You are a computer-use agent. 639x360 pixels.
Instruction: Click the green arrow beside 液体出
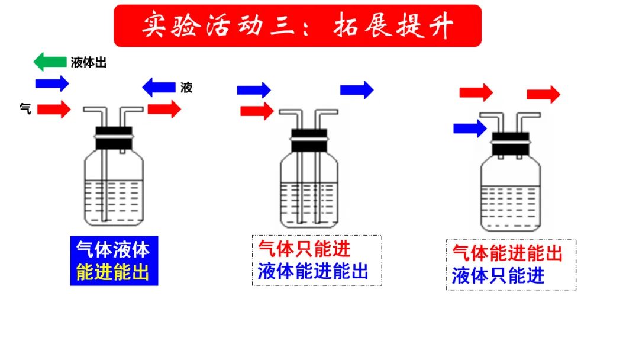(x=50, y=62)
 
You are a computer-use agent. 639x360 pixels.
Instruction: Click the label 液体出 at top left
(x=89, y=63)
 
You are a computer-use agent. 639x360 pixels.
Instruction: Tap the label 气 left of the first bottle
(x=25, y=108)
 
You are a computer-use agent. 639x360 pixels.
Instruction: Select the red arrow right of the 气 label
(x=54, y=109)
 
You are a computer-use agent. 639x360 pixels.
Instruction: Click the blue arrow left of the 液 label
(x=159, y=88)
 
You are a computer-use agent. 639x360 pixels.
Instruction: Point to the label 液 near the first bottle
(x=186, y=88)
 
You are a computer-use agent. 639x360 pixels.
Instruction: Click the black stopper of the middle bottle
(x=308, y=140)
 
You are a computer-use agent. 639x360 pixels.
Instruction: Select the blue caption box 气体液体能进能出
(x=114, y=261)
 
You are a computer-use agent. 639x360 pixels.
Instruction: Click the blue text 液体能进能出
(x=313, y=271)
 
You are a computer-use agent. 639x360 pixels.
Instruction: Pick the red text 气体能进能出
(x=507, y=253)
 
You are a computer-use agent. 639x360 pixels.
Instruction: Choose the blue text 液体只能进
(x=498, y=275)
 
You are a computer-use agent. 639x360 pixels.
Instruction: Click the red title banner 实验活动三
(x=298, y=26)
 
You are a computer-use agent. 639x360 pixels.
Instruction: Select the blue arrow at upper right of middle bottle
(x=357, y=89)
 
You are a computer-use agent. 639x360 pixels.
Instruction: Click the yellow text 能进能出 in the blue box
(x=113, y=272)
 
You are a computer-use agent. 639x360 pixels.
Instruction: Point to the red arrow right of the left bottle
(x=164, y=109)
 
